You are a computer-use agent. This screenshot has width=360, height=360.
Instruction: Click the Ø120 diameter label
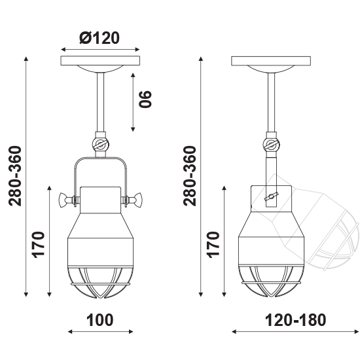(x=99, y=38)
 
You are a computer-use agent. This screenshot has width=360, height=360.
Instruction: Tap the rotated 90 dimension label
(x=145, y=99)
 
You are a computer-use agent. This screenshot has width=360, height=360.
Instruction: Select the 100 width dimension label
(x=100, y=320)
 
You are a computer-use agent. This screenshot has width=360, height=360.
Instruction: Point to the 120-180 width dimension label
(x=295, y=320)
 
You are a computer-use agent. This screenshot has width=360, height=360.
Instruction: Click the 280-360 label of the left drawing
(x=15, y=176)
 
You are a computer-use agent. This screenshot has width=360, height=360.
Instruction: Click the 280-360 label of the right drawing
(x=190, y=176)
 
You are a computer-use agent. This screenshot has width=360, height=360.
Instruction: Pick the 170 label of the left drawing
(x=38, y=245)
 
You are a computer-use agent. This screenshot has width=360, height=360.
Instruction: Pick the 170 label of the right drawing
(x=213, y=245)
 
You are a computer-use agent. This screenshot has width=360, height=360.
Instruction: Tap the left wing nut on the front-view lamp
(x=67, y=200)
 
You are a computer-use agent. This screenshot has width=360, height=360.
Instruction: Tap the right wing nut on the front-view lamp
(x=134, y=200)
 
